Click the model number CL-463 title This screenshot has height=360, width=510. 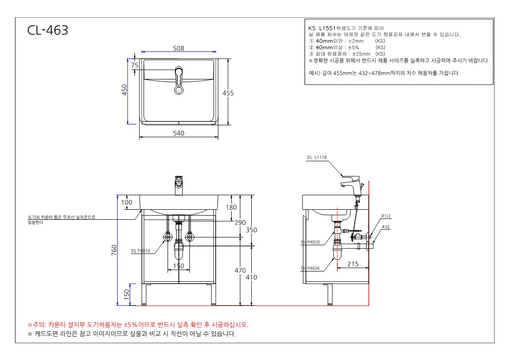coord(48,30)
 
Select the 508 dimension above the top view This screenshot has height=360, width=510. coord(178,48)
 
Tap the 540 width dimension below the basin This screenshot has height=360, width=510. coord(178,133)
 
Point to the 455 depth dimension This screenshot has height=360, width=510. coord(228,93)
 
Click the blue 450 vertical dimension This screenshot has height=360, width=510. coord(124,90)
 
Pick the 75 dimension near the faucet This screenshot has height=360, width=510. coord(135,65)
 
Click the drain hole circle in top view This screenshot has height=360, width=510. coord(178,90)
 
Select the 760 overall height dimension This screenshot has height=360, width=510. coord(114,250)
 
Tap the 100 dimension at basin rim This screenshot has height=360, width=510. coord(127,202)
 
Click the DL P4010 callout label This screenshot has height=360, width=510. coord(140,251)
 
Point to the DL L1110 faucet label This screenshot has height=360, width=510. coord(317,158)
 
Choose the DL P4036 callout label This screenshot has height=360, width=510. coord(310,268)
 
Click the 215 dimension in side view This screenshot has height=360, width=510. coord(353,264)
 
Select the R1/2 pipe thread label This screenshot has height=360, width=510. coord(386,216)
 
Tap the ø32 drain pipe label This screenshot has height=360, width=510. coord(386,227)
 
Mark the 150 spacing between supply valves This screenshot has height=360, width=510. coord(178,266)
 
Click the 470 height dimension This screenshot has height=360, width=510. coord(240,270)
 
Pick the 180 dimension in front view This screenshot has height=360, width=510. coord(231,207)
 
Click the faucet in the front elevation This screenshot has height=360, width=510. coord(178,186)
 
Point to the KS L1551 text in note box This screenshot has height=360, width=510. coord(322,28)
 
